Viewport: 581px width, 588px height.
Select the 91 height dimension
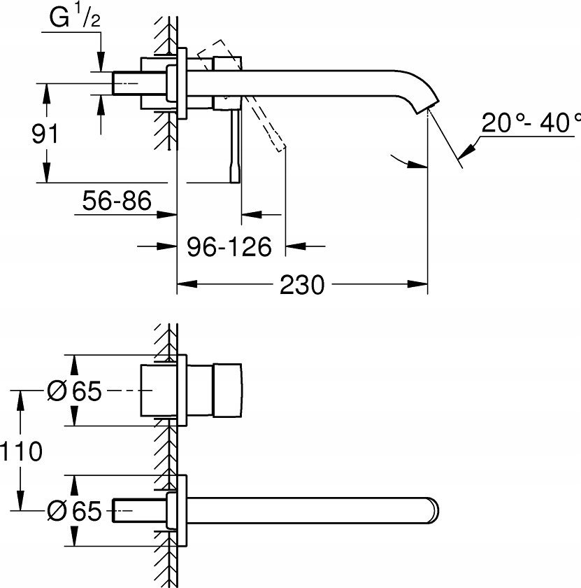[46, 133]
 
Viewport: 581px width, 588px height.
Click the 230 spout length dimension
[302, 285]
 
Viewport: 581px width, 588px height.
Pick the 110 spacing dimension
[22, 451]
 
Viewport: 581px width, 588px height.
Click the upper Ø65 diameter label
[74, 391]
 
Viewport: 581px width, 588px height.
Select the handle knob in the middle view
[227, 391]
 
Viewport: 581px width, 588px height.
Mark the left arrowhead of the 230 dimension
[183, 285]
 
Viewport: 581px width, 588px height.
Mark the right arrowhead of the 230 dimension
[420, 285]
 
